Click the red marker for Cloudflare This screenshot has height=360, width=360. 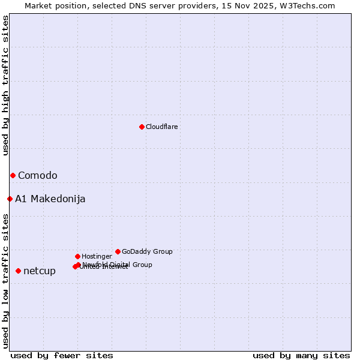click(x=142, y=127)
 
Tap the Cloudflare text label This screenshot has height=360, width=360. click(x=161, y=127)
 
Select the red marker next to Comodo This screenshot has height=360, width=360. click(x=13, y=175)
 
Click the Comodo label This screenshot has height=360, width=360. click(x=37, y=175)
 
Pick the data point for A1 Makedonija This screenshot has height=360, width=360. click(x=10, y=199)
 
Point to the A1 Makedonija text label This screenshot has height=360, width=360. click(x=50, y=199)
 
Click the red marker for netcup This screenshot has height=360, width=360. click(x=18, y=271)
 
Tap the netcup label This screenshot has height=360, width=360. click(x=40, y=271)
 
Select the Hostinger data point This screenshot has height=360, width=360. click(x=77, y=256)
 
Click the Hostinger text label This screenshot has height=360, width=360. click(x=97, y=256)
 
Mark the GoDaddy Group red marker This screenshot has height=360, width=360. click(x=118, y=251)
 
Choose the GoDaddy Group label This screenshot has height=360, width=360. click(x=147, y=251)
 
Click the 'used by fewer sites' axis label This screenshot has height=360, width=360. click(x=62, y=355)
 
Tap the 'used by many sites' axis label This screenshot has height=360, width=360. click(x=301, y=355)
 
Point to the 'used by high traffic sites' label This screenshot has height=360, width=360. click(x=5, y=85)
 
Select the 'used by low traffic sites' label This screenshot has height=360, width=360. click(x=5, y=281)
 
